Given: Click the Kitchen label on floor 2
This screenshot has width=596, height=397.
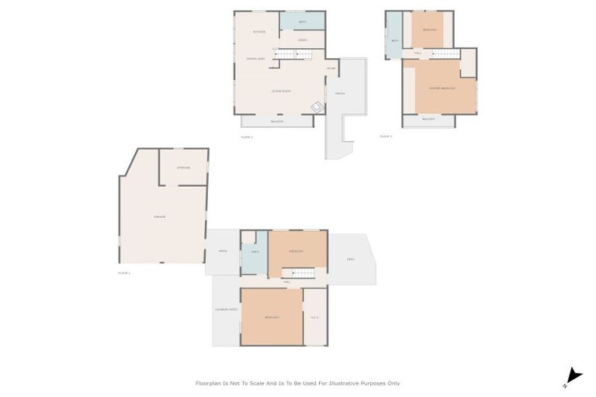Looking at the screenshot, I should pos(260,32).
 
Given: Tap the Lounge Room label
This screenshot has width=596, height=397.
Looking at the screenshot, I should pos(281,91).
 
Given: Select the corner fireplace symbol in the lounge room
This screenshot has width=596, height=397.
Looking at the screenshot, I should pos(317,107).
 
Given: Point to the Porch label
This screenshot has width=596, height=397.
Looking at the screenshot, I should pos(340,94).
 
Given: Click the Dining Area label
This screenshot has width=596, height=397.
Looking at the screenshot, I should pos(257,59).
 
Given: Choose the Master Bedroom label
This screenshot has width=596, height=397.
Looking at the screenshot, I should pos(441,88).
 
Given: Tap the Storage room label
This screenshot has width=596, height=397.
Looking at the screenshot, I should pos(183,167).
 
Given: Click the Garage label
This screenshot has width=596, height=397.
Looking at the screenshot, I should pos(158,216).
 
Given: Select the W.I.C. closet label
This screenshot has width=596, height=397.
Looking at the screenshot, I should pos(314,316).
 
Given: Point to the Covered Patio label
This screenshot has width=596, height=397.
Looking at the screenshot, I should pos(225,311).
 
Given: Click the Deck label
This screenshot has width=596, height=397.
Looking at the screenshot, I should pos(351,259).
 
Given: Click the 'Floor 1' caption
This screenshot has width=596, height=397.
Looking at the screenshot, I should pos(124,273).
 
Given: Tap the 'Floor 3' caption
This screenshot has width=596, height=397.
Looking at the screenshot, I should pos(386,136).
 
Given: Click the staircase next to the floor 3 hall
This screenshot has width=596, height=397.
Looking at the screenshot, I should pos(444,54).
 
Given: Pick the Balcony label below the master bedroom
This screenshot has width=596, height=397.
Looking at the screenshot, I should pos(428,119).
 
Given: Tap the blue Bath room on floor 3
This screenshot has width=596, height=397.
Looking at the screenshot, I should pos(394,41).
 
